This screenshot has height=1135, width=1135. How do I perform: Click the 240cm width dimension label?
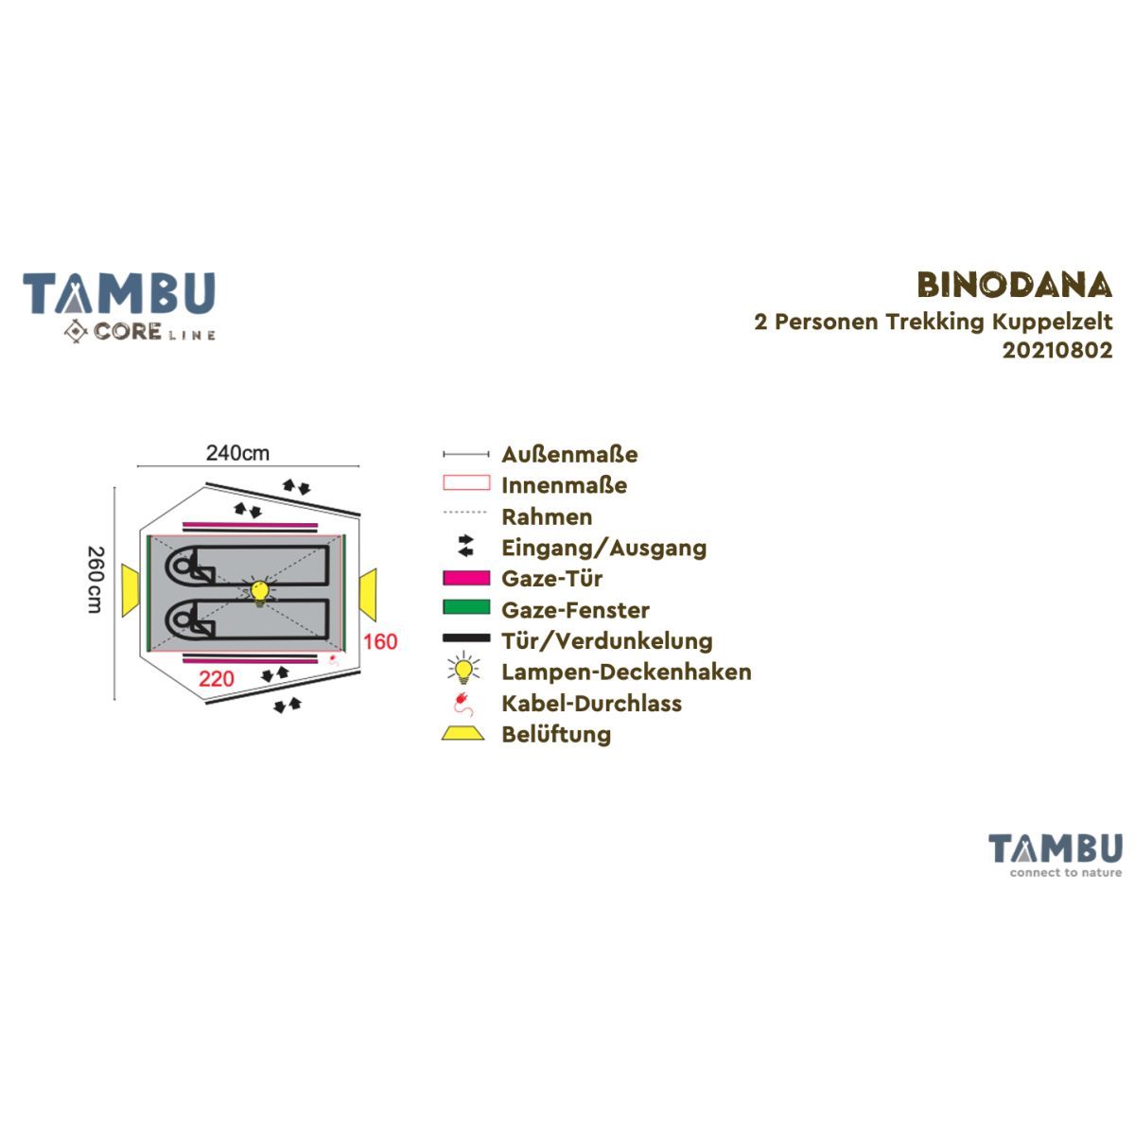coord(237,453)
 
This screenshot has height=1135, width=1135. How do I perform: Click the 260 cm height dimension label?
coord(96,580)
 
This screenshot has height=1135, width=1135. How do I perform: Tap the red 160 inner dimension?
coord(380,641)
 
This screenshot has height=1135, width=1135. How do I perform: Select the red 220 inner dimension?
coord(217,678)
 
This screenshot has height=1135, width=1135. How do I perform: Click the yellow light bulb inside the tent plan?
coord(259,591)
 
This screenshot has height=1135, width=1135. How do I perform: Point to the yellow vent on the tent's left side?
coord(131,590)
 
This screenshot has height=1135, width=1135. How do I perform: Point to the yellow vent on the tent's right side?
coord(368,594)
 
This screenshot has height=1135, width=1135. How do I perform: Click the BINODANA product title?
coord(1014,286)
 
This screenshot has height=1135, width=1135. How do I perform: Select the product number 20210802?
coord(1057,351)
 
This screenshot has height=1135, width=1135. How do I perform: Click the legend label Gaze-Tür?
coord(551,579)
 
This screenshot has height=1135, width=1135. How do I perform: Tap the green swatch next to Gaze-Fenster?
coord(466,606)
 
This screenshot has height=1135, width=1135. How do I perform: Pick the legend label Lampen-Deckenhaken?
coord(626,672)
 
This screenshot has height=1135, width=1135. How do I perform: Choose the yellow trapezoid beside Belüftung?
coord(463,733)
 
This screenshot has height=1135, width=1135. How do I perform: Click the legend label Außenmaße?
coord(569,454)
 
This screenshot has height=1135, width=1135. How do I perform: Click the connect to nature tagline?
coord(1066,873)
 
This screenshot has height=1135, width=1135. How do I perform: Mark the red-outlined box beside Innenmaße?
coord(466,482)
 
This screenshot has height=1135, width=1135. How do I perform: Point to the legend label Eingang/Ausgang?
coord(603,548)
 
